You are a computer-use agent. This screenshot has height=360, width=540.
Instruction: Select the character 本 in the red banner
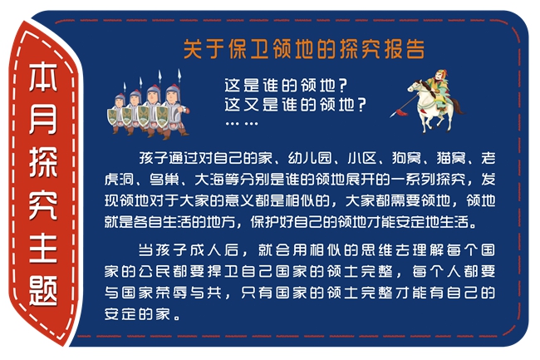(43, 76)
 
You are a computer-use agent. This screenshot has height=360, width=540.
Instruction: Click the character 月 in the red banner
(43, 119)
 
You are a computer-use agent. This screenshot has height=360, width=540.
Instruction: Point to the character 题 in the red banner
(43, 291)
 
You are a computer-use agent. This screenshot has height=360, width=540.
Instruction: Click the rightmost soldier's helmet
(174, 91)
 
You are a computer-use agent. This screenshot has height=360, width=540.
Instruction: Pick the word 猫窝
(451, 158)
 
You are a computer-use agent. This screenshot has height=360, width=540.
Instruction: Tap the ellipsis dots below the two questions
(242, 123)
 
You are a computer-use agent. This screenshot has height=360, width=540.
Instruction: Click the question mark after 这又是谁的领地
(361, 105)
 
